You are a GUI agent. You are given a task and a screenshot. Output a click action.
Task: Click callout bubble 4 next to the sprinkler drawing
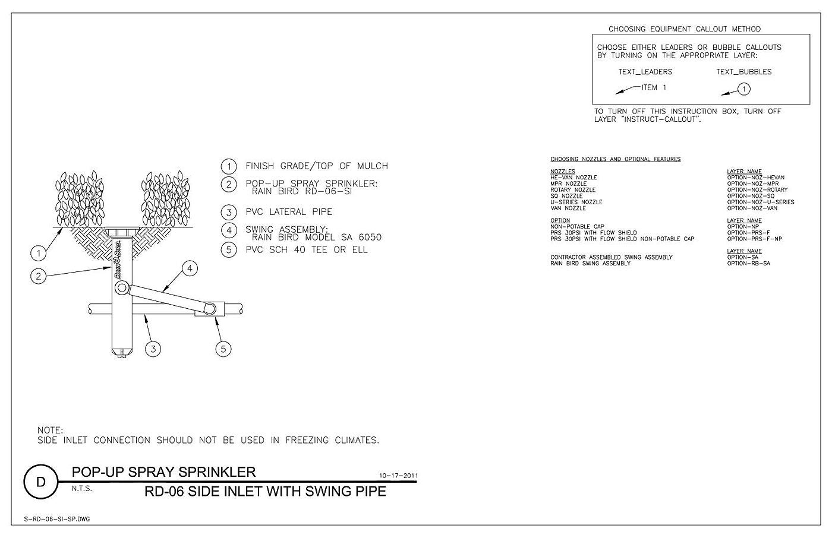[x=190, y=268]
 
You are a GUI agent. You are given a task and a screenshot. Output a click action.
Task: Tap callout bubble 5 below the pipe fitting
[x=223, y=349]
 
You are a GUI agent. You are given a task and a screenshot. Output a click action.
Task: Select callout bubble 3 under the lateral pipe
[x=153, y=349]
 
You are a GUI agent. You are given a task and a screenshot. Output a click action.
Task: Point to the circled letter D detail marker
[x=41, y=482]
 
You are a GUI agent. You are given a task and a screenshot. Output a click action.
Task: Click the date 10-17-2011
[x=398, y=476]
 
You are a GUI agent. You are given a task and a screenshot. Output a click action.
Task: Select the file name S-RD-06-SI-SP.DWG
[x=57, y=519]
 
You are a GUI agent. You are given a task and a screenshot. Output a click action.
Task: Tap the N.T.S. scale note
[x=82, y=489]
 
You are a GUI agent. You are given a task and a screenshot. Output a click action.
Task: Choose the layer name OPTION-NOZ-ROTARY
[x=757, y=189]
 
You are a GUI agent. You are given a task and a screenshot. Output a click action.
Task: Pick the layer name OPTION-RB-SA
[x=748, y=264]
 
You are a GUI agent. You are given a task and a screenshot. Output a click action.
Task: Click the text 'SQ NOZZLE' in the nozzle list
[x=566, y=196]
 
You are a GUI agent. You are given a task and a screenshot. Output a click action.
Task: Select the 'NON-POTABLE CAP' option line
[x=577, y=226]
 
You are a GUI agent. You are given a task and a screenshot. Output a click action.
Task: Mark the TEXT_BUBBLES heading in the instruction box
[x=744, y=72]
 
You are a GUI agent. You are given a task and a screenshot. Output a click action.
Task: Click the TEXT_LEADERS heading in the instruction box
[x=645, y=72]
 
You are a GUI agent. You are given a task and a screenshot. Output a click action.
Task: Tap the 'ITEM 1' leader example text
[x=654, y=87]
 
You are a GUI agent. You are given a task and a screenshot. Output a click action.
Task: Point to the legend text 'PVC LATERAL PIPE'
[x=289, y=212]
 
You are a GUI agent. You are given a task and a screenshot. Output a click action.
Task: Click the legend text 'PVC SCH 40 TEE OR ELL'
[x=307, y=250]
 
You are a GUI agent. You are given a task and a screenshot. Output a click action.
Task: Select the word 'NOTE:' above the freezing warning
[x=50, y=431]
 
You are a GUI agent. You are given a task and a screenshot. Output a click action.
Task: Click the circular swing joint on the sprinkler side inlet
[x=122, y=288]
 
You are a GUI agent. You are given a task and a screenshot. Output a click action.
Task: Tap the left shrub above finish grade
[x=80, y=199]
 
